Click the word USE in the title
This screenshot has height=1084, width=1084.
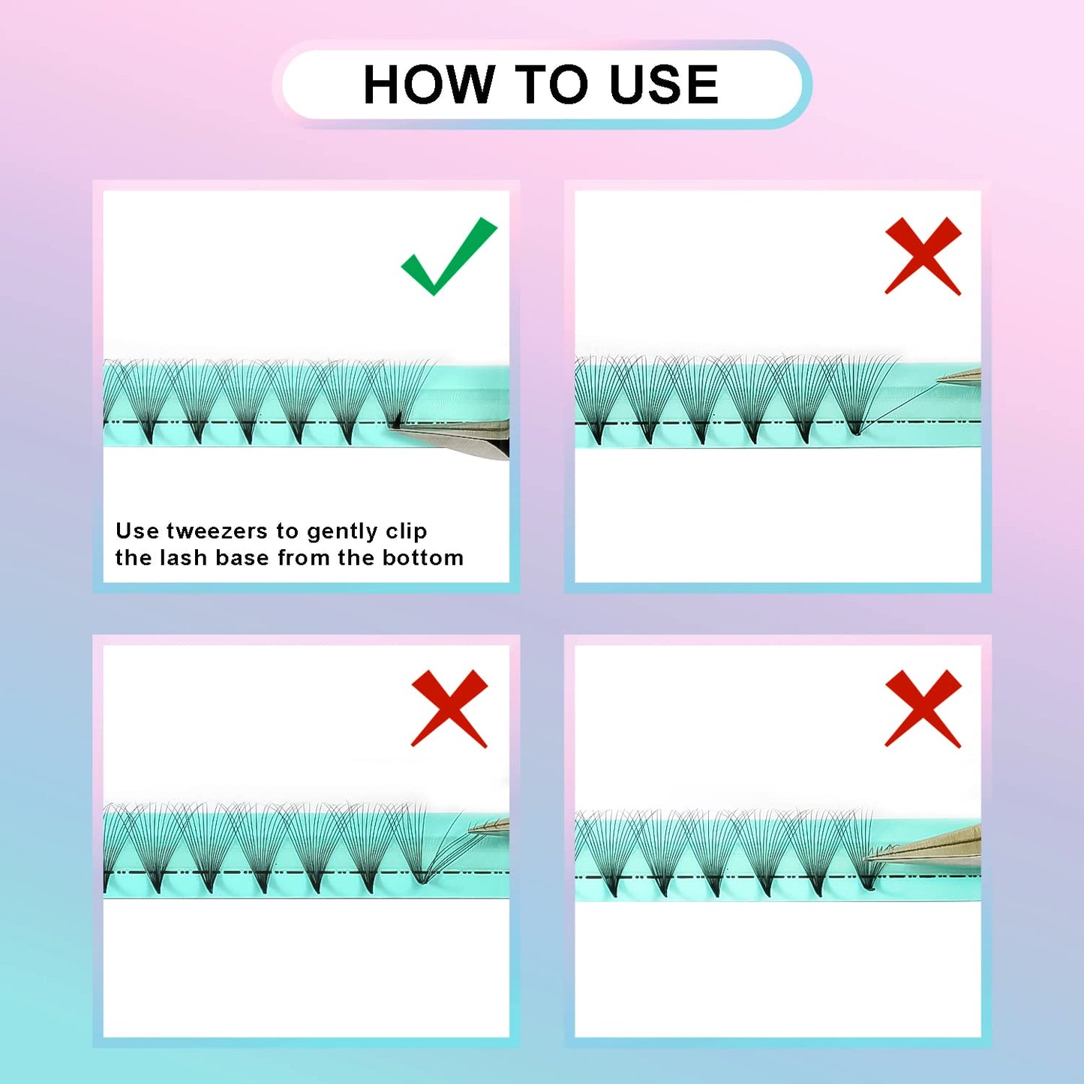[664, 84]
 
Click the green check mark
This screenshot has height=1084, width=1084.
[449, 256]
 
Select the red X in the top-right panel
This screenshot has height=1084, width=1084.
[923, 256]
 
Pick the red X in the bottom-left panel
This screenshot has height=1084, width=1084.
[449, 708]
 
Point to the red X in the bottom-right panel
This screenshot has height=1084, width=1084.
[923, 708]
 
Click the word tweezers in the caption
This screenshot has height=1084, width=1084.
[217, 530]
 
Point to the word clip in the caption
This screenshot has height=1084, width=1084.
[406, 532]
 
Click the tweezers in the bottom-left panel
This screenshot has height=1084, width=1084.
[489, 827]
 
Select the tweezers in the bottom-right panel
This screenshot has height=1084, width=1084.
[923, 848]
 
